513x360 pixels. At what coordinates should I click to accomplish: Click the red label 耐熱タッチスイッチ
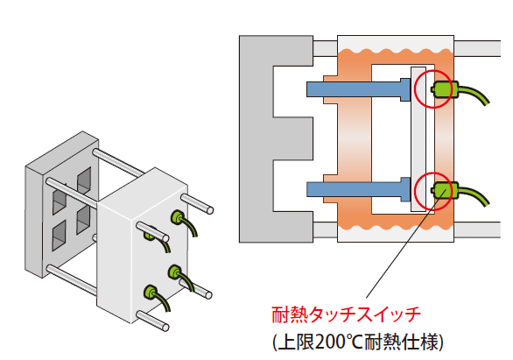coord(346,314)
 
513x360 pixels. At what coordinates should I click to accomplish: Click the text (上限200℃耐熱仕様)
coord(358,342)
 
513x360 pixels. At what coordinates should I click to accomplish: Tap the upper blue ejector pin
coord(358,89)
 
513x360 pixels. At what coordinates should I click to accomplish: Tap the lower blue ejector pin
coord(358,189)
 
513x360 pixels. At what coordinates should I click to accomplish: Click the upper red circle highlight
coord(415,89)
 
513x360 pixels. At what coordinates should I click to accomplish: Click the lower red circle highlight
coord(415,190)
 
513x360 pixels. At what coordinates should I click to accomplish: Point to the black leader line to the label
coord(405,244)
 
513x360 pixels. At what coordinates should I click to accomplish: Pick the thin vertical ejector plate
coord(418,139)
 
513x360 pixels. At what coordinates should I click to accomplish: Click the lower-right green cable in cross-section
coord(474,194)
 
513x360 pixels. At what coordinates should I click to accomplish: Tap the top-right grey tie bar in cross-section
coord(477,48)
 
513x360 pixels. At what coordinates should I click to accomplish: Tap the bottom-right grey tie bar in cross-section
coord(477,229)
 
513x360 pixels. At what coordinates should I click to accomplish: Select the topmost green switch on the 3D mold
coord(177,216)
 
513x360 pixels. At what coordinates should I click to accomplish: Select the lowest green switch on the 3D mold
coord(151,292)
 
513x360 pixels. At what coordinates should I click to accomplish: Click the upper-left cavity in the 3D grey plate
coord(60,199)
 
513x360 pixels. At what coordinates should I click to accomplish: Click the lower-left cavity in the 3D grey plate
coord(59,235)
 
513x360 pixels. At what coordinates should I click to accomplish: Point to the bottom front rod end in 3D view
coord(165,327)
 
